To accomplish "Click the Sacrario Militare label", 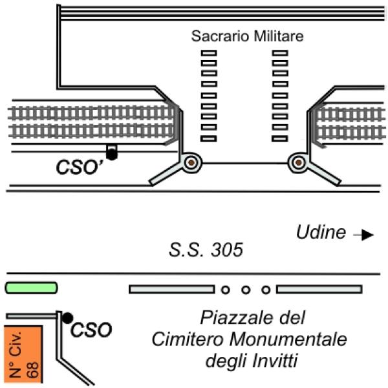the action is [x=247, y=36].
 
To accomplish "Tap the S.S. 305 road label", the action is [x=206, y=250].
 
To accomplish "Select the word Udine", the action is [x=321, y=232].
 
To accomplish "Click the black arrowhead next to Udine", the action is [x=367, y=235].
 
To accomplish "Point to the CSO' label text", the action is [x=81, y=167].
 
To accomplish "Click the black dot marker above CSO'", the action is [x=112, y=155].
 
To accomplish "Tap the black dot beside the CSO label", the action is [x=67, y=318].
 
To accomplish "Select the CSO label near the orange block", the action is [x=91, y=330].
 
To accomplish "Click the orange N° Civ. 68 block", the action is [x=23, y=354].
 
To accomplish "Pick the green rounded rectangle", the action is [x=32, y=288].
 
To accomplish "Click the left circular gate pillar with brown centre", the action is [x=191, y=162].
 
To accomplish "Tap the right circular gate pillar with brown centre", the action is [x=299, y=162].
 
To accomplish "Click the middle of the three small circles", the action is [x=246, y=290].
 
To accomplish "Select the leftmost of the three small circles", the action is [x=226, y=290].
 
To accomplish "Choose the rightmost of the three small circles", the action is [x=266, y=290].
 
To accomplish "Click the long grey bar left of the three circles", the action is [x=172, y=289].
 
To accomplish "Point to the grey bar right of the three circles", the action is [x=319, y=289].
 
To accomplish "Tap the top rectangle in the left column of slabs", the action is [x=209, y=53].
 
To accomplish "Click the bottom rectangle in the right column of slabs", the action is [x=280, y=138].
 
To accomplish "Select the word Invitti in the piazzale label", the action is [x=275, y=361].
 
